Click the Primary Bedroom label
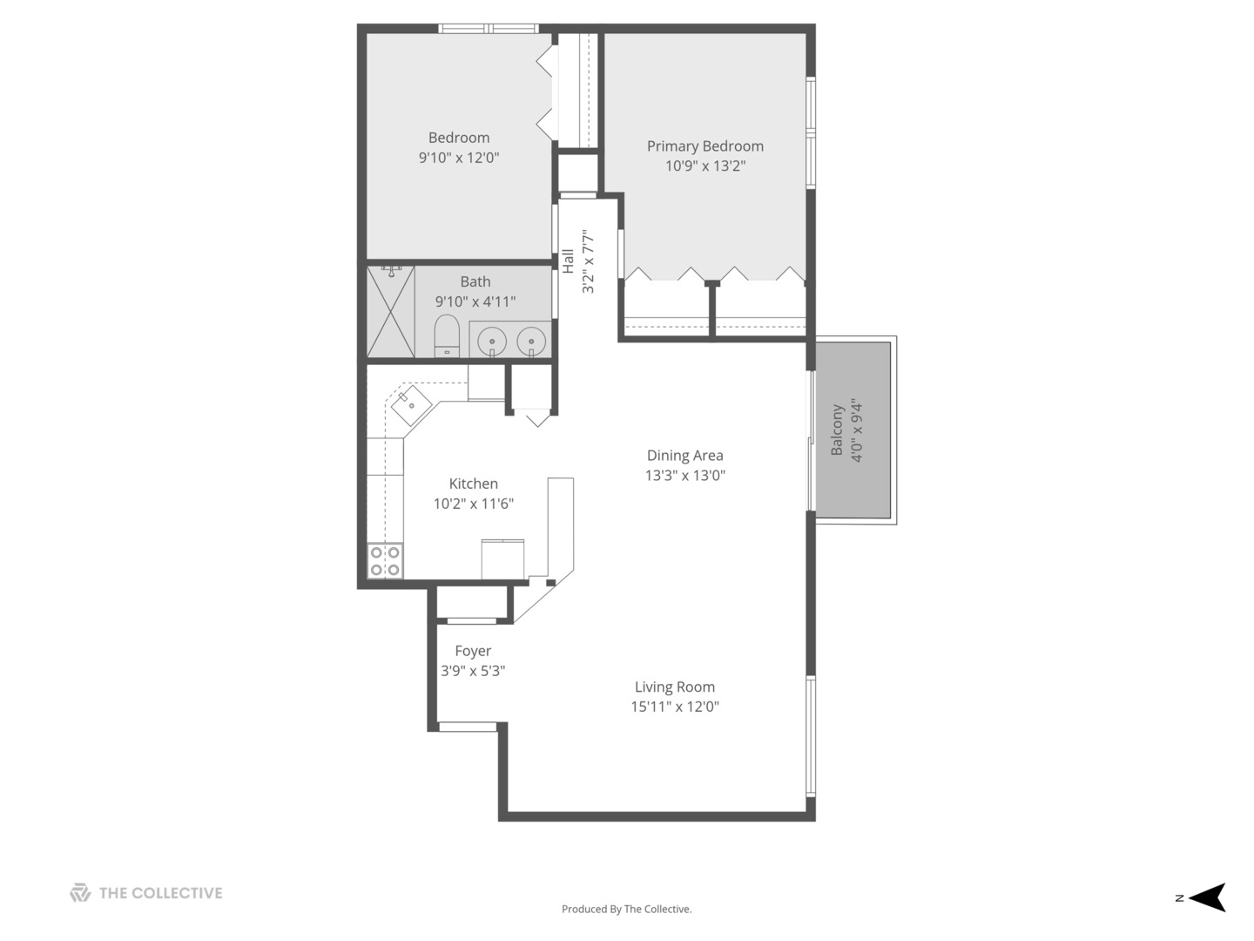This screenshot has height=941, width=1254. tap(705, 146)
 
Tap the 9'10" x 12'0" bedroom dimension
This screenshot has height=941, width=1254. tap(459, 158)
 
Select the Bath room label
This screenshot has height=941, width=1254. tap(475, 281)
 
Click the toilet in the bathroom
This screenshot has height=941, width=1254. tap(447, 335)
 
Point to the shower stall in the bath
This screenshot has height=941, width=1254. tap(391, 312)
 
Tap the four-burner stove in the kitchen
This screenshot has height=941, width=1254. tap(385, 560)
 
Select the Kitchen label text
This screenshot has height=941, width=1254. tap(473, 484)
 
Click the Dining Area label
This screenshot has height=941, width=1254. tap(684, 455)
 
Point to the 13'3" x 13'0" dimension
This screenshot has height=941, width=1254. tap(684, 476)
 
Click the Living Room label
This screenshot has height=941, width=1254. tap(674, 687)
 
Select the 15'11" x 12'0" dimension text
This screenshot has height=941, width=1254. tap(674, 707)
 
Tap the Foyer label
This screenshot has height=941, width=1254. tap(473, 651)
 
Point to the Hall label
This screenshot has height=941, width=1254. tap(568, 261)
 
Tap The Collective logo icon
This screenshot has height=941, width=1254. tap(80, 893)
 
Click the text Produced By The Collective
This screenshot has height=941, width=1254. tap(626, 909)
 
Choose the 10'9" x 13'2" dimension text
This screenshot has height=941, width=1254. tap(705, 166)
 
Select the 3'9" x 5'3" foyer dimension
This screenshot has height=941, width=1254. tap(473, 671)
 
